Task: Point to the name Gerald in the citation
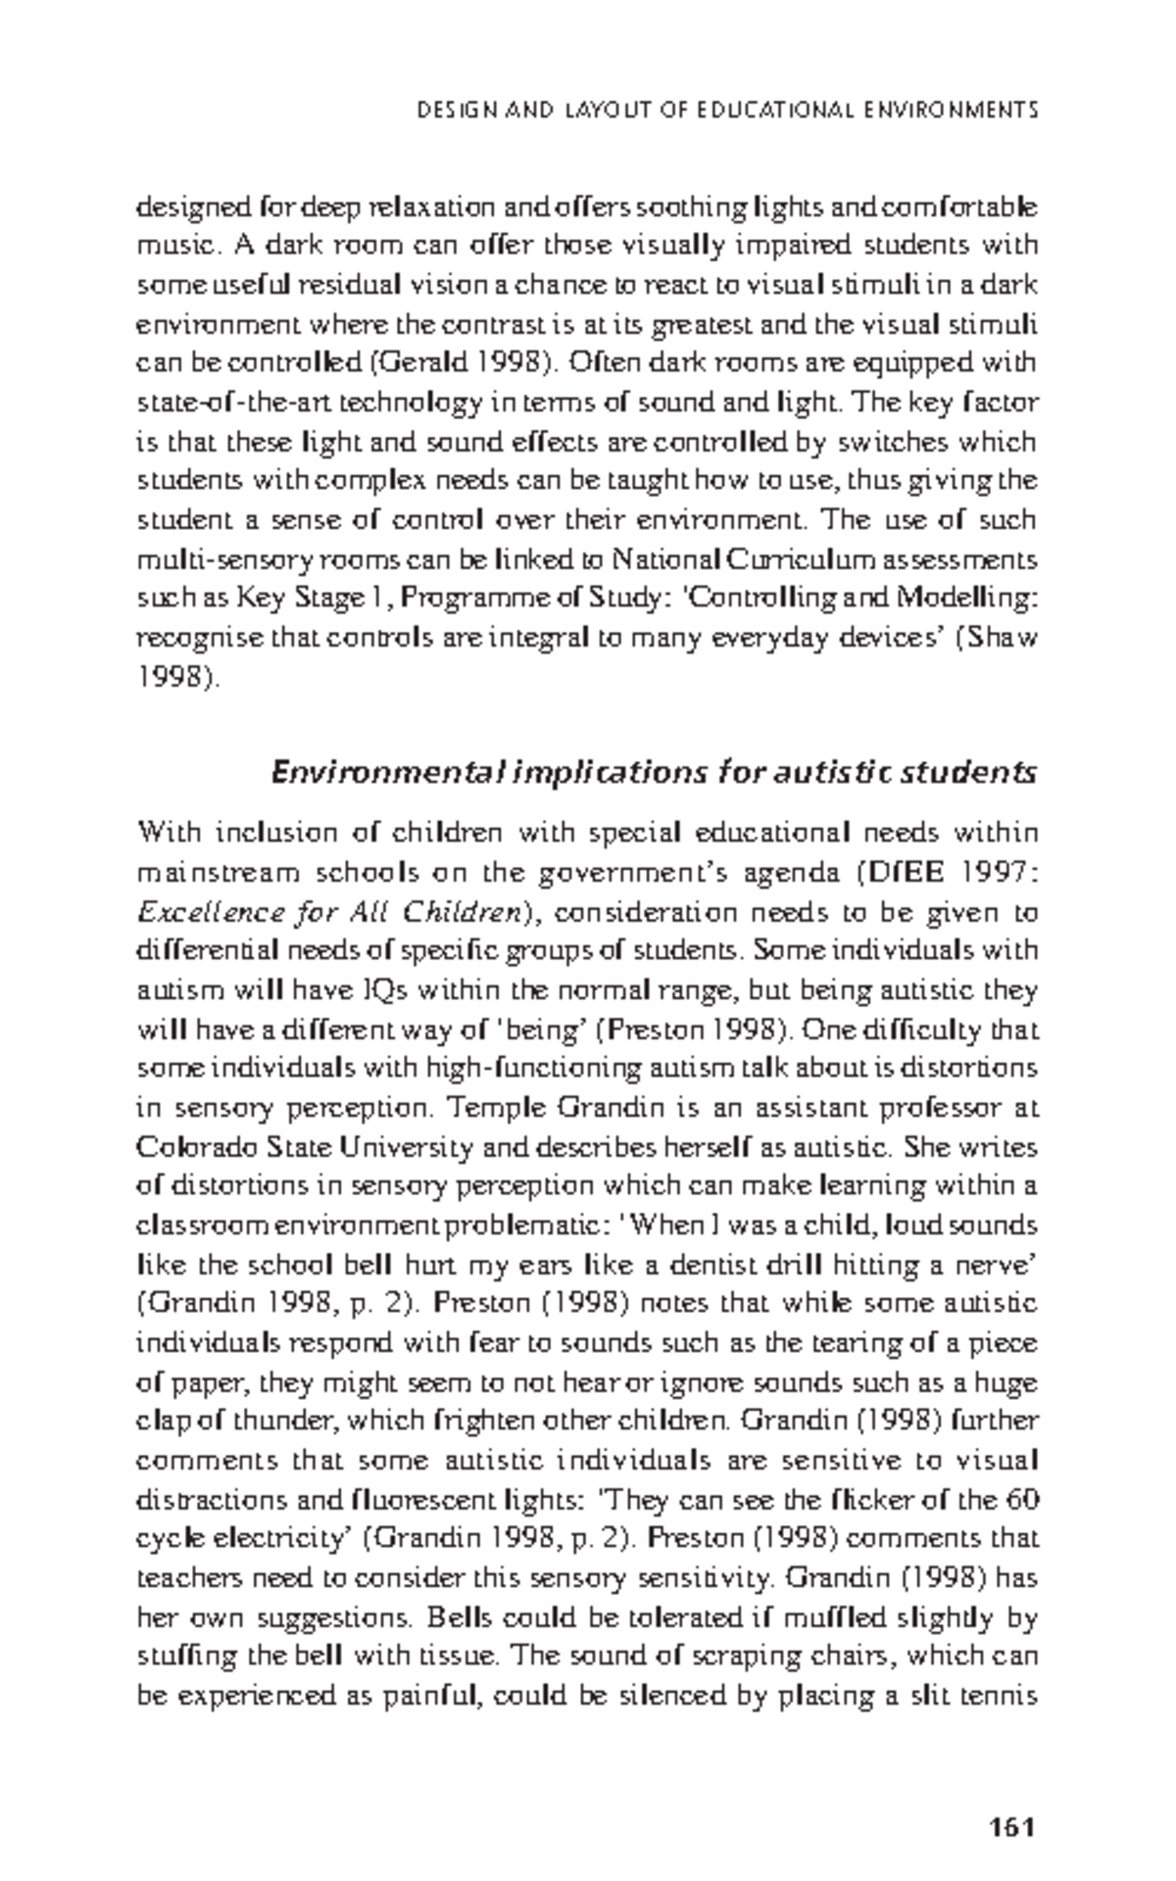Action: (x=418, y=363)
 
